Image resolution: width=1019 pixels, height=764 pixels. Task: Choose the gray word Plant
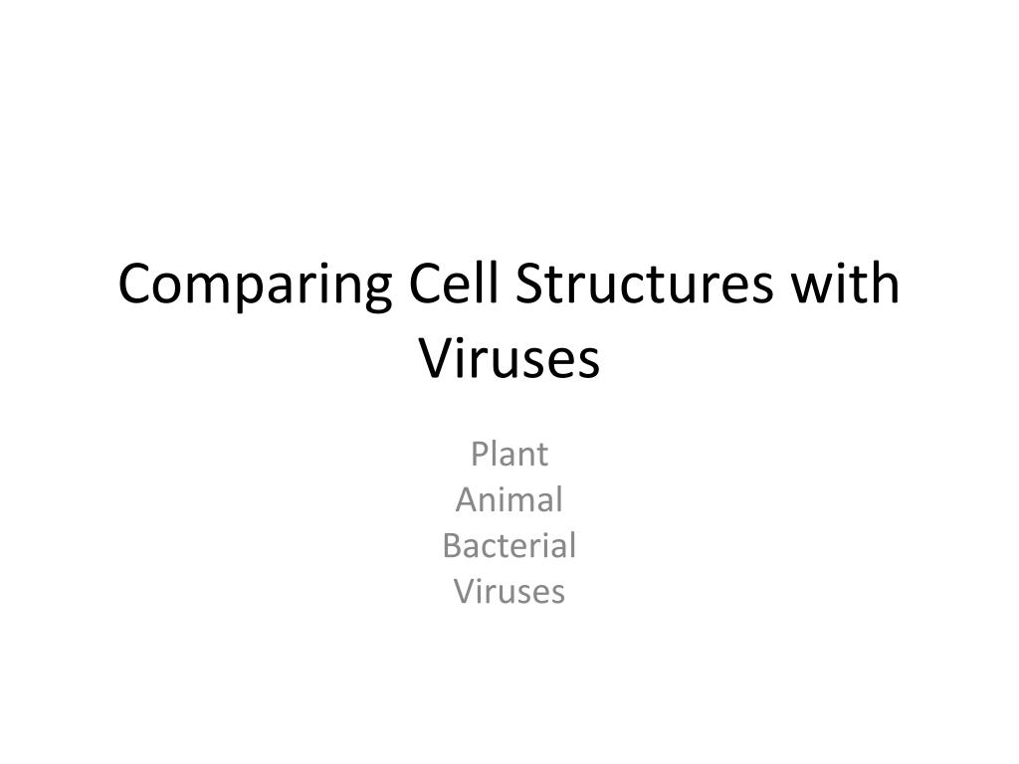pyautogui.click(x=509, y=454)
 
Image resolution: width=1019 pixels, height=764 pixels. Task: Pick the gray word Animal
pyautogui.click(x=509, y=499)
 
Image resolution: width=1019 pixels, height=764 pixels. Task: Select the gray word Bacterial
pyautogui.click(x=509, y=545)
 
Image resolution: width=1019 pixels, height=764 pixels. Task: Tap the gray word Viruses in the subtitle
pyautogui.click(x=509, y=592)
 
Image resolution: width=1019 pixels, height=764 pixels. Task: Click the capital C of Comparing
pyautogui.click(x=134, y=285)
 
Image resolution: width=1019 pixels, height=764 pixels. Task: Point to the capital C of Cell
pyautogui.click(x=425, y=285)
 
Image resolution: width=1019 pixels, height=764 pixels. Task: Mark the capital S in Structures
pyautogui.click(x=534, y=285)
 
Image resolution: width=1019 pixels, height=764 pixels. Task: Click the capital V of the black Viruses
pyautogui.click(x=433, y=358)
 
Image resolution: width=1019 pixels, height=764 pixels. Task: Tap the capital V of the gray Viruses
pyautogui.click(x=464, y=592)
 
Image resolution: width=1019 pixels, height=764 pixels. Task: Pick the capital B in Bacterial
pyautogui.click(x=451, y=545)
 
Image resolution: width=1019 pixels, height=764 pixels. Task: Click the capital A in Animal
pyautogui.click(x=465, y=499)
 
